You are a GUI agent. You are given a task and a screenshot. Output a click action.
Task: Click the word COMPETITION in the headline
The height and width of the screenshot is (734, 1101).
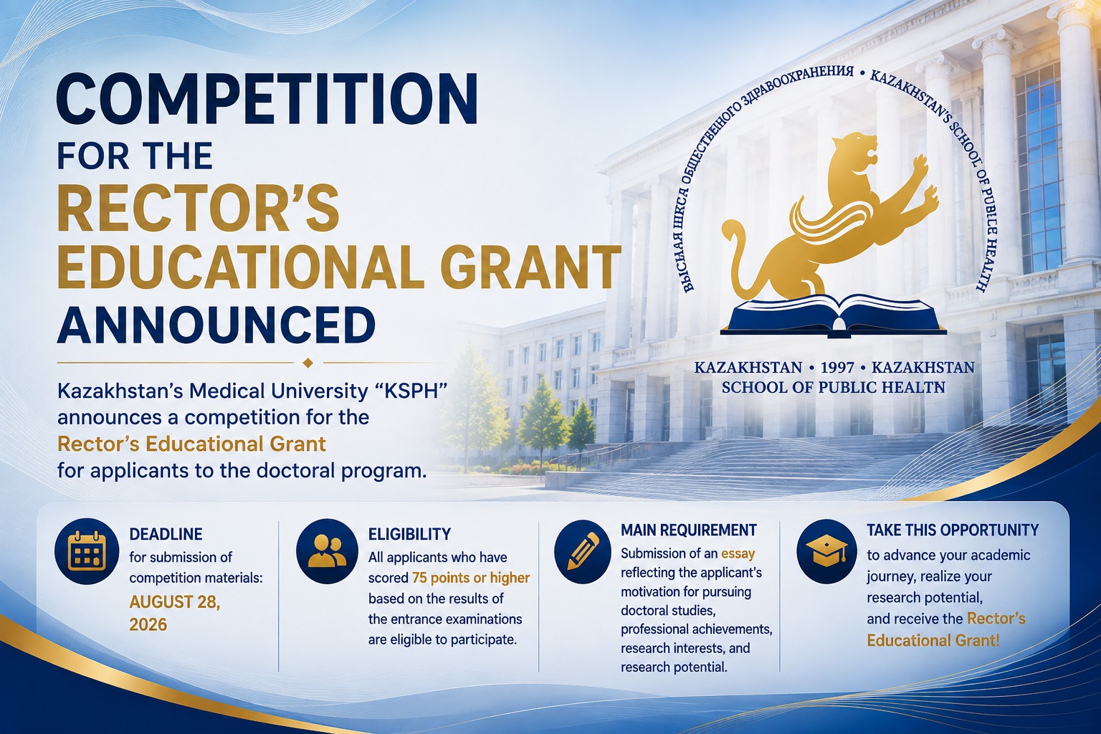[x=267, y=100]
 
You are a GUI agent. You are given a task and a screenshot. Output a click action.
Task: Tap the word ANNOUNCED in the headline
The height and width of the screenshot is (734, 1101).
[x=216, y=325]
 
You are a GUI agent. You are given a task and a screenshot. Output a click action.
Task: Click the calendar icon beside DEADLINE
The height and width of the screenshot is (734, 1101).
[x=87, y=551]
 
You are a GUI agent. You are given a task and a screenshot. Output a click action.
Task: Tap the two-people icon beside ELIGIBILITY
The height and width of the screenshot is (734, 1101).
[x=327, y=551]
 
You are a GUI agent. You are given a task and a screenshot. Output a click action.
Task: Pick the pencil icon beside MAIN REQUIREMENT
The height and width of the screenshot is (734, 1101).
[x=583, y=551]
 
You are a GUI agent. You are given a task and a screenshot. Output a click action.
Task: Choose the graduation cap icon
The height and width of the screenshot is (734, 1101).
[x=826, y=551]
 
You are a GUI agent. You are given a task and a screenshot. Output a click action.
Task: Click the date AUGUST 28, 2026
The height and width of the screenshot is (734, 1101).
[x=174, y=613]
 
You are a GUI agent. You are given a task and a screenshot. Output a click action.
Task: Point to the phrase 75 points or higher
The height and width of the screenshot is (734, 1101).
[x=471, y=578]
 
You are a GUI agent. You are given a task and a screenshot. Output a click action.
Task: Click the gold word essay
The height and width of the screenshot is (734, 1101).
[x=738, y=553]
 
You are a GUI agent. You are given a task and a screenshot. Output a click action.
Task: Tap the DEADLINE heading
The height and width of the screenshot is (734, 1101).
[x=166, y=534]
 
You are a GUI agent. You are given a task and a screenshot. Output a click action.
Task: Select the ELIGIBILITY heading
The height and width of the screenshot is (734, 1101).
[x=409, y=534]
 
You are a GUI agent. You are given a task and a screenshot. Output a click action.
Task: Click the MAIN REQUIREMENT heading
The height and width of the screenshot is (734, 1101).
[x=689, y=530]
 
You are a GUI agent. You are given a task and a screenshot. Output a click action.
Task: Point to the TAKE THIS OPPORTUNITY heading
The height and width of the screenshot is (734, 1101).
[x=953, y=530]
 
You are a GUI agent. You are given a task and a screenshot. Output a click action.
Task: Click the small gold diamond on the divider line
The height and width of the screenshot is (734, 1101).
[x=308, y=363]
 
